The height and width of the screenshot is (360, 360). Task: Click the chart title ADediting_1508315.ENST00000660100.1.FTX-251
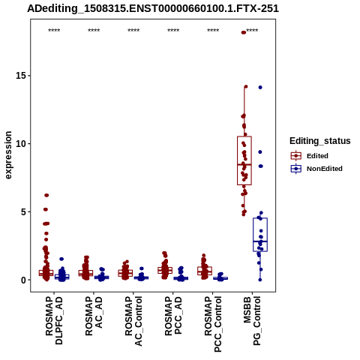153,8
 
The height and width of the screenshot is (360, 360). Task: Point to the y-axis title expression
8,155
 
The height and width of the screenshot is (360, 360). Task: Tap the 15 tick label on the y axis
21,76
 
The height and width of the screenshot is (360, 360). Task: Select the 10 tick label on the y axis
21,144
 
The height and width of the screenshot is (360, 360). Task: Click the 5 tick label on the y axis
24,212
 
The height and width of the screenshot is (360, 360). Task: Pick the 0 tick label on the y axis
24,280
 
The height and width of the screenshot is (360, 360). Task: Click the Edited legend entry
310,156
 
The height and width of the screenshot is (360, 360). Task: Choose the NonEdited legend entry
316,169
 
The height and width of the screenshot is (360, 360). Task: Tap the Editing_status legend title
320,141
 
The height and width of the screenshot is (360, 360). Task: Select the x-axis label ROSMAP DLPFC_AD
54,320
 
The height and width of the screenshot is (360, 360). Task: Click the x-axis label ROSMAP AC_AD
94,316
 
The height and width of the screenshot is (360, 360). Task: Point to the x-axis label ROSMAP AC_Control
133,321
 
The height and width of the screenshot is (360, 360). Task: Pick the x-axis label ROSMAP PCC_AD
173,316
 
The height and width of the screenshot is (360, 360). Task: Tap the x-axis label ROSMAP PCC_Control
213,324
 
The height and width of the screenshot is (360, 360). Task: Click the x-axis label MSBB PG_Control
252,321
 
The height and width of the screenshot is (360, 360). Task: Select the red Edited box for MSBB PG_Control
244,160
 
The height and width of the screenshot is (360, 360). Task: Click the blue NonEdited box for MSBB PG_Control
260,235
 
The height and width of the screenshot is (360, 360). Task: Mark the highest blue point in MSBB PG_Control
260,87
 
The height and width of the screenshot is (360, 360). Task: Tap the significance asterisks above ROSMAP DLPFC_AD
54,31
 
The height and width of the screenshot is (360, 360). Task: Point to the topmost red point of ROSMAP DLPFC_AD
46,195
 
